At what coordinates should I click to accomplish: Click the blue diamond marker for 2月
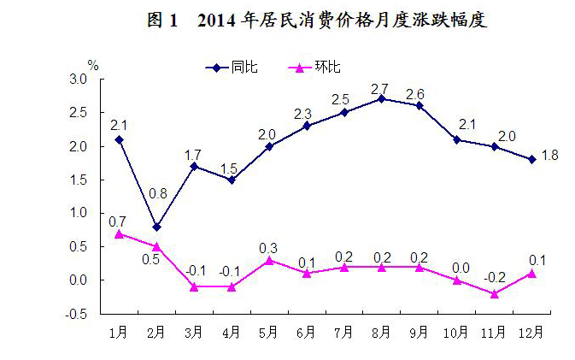click(156, 227)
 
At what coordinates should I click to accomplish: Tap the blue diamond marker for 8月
click(382, 98)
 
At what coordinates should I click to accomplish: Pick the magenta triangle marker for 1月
click(119, 233)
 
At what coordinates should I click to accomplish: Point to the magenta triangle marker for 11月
click(494, 293)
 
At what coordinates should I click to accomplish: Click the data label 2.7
click(381, 88)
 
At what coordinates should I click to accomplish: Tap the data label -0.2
click(494, 277)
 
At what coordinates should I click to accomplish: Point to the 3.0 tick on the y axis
click(79, 79)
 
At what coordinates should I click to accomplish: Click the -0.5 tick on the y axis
click(78, 314)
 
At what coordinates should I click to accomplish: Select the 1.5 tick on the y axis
click(79, 180)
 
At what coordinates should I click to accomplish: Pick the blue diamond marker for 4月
click(232, 180)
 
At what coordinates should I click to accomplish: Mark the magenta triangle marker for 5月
click(269, 260)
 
